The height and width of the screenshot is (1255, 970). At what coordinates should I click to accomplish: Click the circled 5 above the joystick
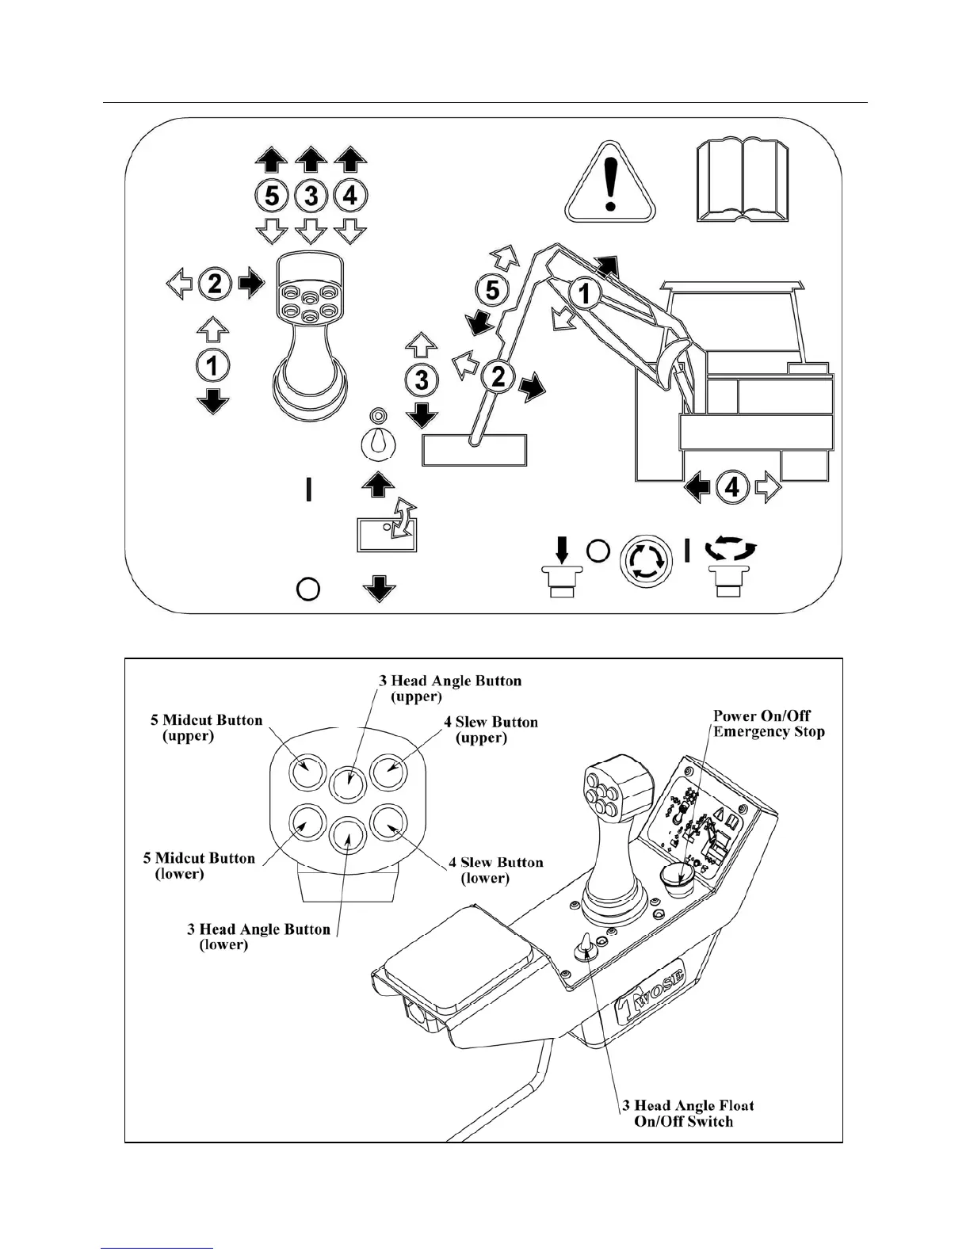pyautogui.click(x=272, y=195)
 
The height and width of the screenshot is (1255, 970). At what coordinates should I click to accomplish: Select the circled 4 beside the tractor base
pyautogui.click(x=732, y=486)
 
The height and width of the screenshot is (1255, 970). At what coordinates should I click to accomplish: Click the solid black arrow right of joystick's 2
pyautogui.click(x=251, y=283)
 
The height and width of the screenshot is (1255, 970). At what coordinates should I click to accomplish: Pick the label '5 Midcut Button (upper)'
pyautogui.click(x=206, y=727)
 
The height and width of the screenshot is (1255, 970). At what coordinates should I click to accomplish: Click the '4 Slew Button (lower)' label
pyautogui.click(x=495, y=870)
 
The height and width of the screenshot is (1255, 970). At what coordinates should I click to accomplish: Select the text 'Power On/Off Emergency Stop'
pyautogui.click(x=769, y=723)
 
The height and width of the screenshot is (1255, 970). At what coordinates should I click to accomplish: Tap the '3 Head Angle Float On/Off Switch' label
pyautogui.click(x=686, y=1113)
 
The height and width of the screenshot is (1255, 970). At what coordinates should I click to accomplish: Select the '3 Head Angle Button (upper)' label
pyautogui.click(x=449, y=689)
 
